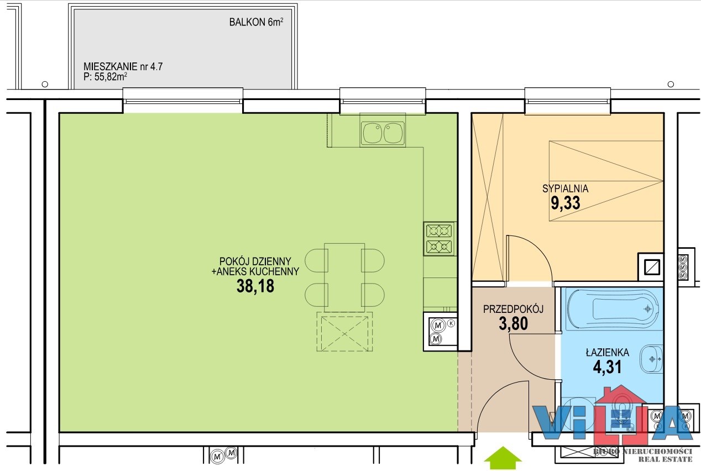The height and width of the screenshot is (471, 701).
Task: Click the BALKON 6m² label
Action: [x=257, y=22]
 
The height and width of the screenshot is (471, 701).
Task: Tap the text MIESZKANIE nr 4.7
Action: [x=123, y=67]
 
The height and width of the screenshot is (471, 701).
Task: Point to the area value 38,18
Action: [x=255, y=286]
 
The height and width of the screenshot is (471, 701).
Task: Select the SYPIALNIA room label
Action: [x=565, y=189]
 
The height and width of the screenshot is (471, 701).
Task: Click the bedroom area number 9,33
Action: [x=566, y=203]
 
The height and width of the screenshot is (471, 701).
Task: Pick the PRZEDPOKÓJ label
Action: [x=513, y=309]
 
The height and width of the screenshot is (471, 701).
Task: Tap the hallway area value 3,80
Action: [x=513, y=323]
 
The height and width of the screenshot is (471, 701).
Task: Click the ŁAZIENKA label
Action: [x=608, y=352]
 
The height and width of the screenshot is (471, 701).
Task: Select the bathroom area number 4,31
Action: [x=607, y=367]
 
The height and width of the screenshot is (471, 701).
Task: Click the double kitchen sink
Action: [x=383, y=133]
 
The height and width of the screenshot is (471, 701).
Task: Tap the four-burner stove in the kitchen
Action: [x=440, y=238]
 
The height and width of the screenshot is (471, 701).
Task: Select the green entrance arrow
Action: [x=503, y=458]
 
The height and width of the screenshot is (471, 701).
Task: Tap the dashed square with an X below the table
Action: [x=344, y=332]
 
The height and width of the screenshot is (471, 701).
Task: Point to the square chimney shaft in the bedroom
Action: [x=650, y=267]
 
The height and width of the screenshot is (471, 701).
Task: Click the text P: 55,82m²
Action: [x=105, y=77]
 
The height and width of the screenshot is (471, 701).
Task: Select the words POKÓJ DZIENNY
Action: [x=255, y=261]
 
